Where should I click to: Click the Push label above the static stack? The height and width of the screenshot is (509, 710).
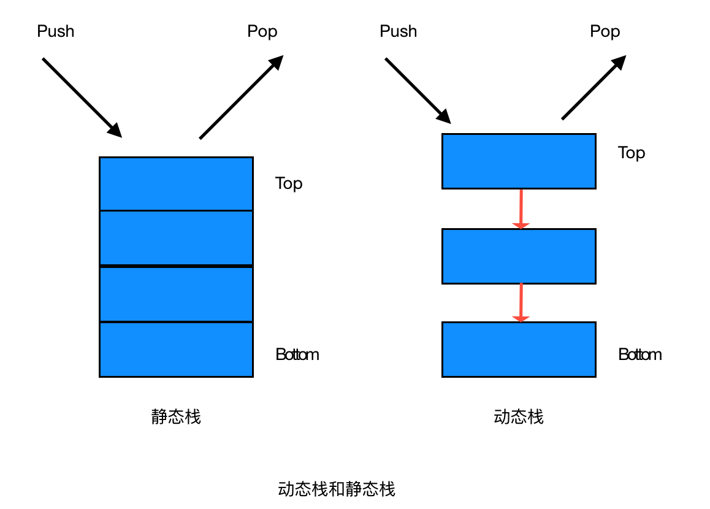[x=56, y=31]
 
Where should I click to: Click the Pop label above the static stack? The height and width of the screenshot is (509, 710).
[x=262, y=31]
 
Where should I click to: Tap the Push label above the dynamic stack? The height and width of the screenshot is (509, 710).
[x=399, y=31]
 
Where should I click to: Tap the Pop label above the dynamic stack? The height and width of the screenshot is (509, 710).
[x=605, y=31]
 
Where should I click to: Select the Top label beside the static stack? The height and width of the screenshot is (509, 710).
[x=289, y=183]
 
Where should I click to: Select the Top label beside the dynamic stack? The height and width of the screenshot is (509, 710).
[x=632, y=153]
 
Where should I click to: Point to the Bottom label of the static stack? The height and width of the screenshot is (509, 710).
[x=297, y=354]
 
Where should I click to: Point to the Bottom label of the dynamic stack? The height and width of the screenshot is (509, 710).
[x=640, y=354]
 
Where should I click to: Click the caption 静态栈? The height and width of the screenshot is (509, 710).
[x=176, y=417]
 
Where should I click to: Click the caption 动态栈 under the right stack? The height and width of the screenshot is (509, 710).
[x=519, y=417]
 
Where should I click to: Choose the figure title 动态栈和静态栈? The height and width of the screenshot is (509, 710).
[x=337, y=489]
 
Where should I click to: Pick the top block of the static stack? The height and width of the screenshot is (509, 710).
[x=176, y=183]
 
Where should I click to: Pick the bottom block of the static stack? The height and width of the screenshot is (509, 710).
[x=176, y=349]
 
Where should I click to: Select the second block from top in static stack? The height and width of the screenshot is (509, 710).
[x=176, y=238]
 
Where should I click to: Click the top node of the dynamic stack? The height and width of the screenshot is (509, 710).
[x=519, y=161]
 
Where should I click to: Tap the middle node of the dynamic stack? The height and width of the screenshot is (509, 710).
[x=519, y=256]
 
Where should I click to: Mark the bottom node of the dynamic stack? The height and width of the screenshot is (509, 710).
[x=519, y=349]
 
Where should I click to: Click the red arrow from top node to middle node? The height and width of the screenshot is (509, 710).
[x=521, y=209]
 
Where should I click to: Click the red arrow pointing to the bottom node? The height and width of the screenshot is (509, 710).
[x=521, y=302]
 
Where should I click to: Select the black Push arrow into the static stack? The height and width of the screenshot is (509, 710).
[x=82, y=97]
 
